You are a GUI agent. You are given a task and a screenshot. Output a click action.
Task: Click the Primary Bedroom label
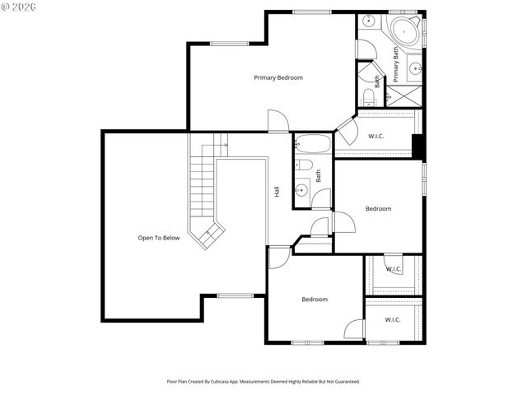click(277, 77)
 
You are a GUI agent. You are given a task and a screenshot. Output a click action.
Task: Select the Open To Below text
click(158, 238)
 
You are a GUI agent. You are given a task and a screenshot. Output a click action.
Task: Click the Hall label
click(277, 191)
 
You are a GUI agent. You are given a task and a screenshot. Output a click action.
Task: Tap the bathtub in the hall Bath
click(313, 144)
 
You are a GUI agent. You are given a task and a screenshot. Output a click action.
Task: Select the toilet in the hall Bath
click(305, 165)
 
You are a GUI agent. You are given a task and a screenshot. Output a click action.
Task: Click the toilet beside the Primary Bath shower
click(368, 98)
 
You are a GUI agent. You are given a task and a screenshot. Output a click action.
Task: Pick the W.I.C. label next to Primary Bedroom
click(376, 136)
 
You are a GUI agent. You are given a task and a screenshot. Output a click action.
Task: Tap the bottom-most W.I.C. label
click(392, 319)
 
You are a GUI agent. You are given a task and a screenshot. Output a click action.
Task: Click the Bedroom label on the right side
click(378, 209)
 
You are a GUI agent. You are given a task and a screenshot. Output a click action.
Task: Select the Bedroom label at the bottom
click(314, 300)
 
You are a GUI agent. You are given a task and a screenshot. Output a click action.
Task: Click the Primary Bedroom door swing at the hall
click(278, 122)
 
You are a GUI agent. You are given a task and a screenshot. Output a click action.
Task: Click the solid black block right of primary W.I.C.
click(417, 145)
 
